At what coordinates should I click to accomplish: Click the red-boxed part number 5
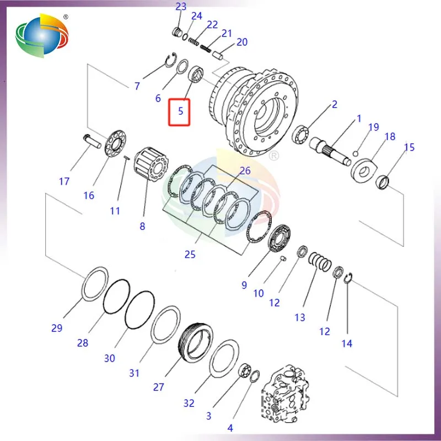[x=180, y=112]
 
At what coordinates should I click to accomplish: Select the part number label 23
[x=181, y=7]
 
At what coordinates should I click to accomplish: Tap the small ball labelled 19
[x=357, y=153]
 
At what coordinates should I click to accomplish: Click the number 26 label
[x=245, y=171]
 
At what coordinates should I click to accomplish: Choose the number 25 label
[x=190, y=255]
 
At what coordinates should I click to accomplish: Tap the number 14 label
[x=346, y=343]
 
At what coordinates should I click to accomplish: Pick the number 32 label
[x=189, y=403]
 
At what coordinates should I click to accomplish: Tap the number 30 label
[x=109, y=358]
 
